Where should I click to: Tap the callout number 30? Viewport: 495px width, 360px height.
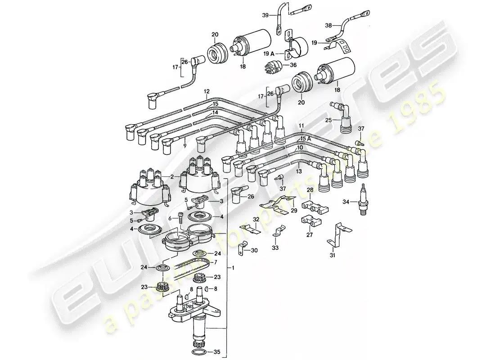click(x=255, y=250)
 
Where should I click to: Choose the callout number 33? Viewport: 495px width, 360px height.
click(x=275, y=247)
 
